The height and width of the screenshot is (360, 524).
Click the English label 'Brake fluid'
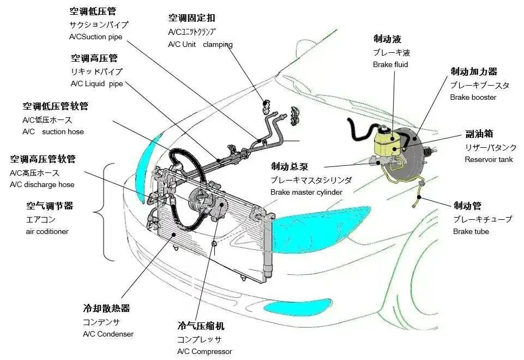click(390, 65)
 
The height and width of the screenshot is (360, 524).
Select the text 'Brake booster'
click(473, 98)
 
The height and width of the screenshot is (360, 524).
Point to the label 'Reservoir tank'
click(489, 160)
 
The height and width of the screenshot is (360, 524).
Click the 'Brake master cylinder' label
click(306, 192)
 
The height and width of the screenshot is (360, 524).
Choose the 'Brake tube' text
click(471, 232)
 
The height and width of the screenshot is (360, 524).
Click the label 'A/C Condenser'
click(108, 334)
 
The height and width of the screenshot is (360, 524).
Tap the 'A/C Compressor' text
click(204, 352)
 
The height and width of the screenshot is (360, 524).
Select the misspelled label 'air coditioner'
click(47, 232)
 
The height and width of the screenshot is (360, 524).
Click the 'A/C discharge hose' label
click(42, 184)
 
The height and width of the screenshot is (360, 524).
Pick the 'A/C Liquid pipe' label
click(97, 84)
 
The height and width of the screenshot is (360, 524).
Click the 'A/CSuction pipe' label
click(96, 37)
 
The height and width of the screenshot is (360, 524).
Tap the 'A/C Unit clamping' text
click(200, 45)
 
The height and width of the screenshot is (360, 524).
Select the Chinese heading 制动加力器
click(473, 71)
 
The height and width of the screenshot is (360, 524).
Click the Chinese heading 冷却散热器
click(106, 308)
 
